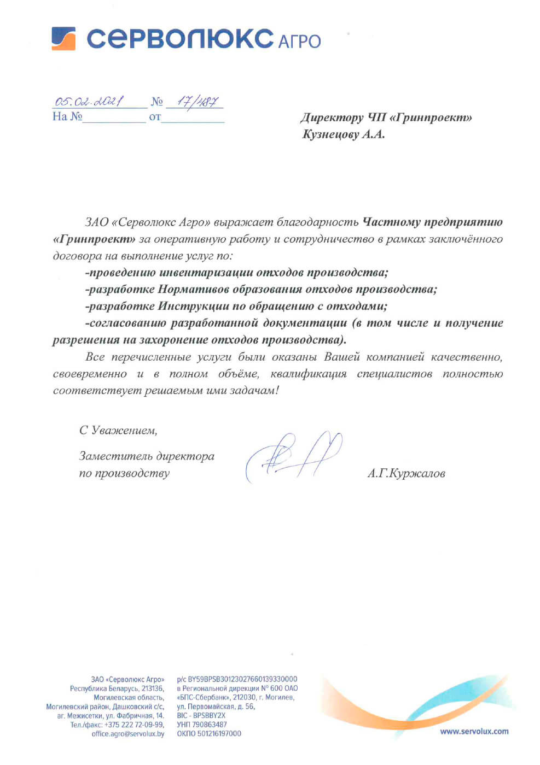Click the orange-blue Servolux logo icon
pyautogui.click(x=63, y=38)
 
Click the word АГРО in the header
pyautogui.click(x=299, y=42)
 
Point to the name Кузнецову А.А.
pyautogui.click(x=344, y=134)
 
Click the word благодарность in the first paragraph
pyautogui.click(x=317, y=222)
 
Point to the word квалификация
pyautogui.click(x=309, y=374)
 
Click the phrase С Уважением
pyautogui.click(x=118, y=431)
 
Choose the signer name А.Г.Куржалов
pyautogui.click(x=406, y=474)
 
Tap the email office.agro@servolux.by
pyautogui.click(x=128, y=734)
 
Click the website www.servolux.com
pyautogui.click(x=474, y=732)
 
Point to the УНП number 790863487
pyautogui.click(x=210, y=725)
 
